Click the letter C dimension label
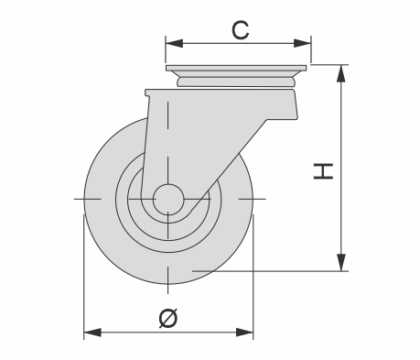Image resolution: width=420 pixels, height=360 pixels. click(x=241, y=30)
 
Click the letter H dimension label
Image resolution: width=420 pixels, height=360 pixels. click(x=323, y=171)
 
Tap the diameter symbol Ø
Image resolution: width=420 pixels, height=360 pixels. click(x=168, y=318)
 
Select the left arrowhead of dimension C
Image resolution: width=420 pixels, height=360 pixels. click(x=174, y=43)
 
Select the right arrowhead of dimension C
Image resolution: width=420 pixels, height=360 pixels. click(x=303, y=43)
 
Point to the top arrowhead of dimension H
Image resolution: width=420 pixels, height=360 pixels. click(x=341, y=73)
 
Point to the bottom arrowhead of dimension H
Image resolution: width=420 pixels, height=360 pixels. click(x=341, y=262)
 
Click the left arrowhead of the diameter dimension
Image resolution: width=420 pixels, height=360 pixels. click(x=92, y=333)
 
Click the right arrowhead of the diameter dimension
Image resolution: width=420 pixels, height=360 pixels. click(x=244, y=333)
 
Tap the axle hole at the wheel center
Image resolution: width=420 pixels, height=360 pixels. click(x=168, y=199)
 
